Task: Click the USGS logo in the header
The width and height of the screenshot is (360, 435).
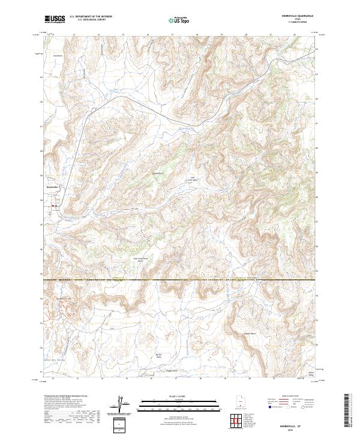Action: pos(55,19)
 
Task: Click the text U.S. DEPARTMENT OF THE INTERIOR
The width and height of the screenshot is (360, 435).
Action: pos(91,17)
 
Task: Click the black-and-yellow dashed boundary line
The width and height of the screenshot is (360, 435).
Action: pos(180,280)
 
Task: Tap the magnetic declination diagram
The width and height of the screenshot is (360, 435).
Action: pos(121,404)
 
